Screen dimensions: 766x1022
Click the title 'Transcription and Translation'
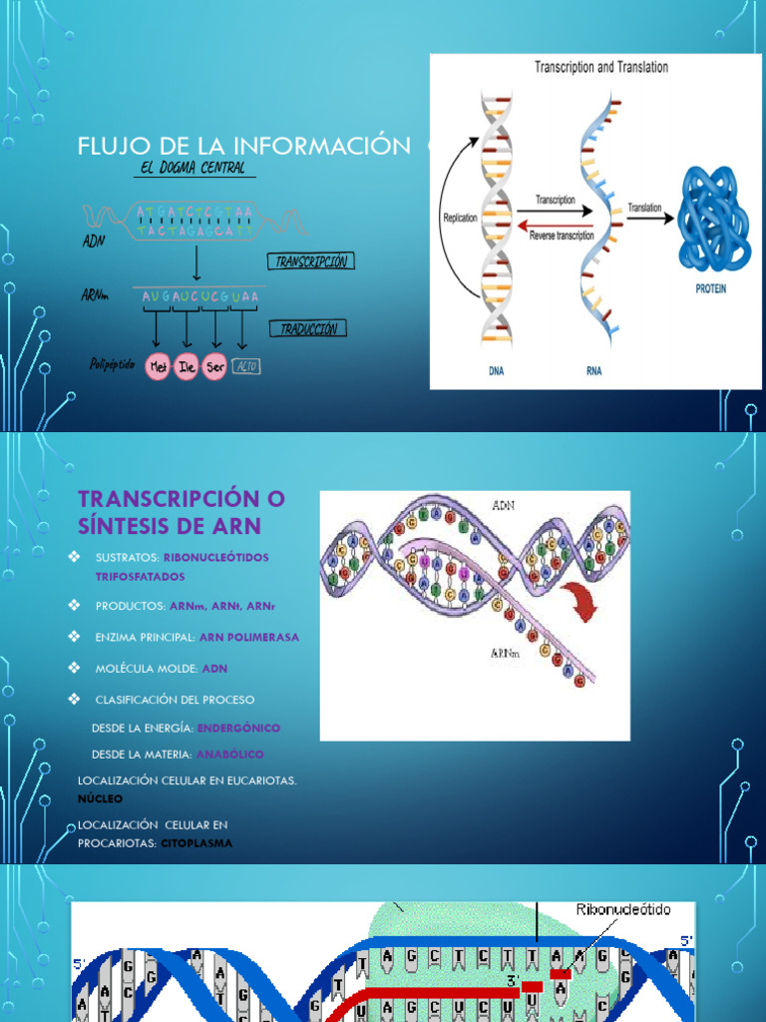601,68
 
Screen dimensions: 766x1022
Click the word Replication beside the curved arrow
461,216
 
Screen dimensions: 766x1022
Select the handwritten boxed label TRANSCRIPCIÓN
310,261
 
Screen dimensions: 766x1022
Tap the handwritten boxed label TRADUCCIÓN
308,328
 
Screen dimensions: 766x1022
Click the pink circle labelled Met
157,367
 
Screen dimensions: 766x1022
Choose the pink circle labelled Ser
214,367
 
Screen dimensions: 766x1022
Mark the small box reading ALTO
246,367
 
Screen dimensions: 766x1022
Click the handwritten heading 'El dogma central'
194,168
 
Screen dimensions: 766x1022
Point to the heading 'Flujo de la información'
244,147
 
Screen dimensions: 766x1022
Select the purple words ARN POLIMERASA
249,637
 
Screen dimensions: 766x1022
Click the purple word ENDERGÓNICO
238,729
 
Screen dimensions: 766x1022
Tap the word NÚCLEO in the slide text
100,798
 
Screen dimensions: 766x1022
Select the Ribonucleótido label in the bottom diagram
624,910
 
